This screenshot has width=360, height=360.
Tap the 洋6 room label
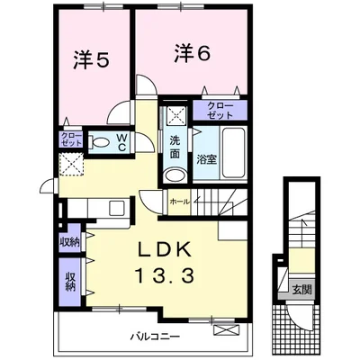pos(193,54)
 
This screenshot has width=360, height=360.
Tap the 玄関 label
pos(301,290)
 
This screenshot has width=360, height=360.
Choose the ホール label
pos(179,202)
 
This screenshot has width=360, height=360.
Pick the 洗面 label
pos(175,147)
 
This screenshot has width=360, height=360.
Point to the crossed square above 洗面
pos(175,116)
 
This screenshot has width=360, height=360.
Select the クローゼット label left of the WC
pos(71,139)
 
